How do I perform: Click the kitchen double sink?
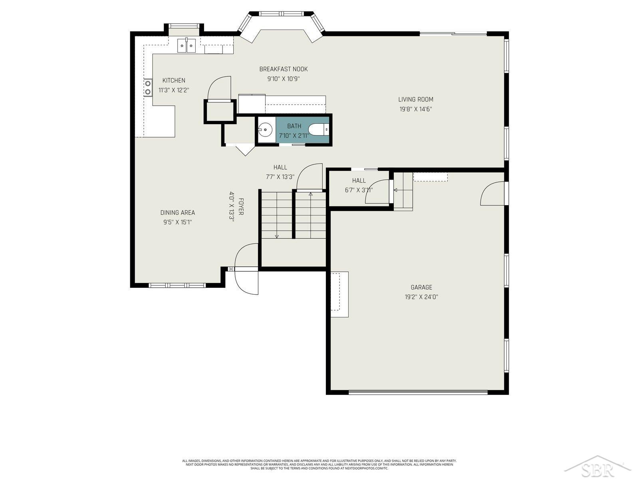click(187, 46)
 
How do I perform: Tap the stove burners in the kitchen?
click(148, 88)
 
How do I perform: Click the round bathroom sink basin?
click(265, 129)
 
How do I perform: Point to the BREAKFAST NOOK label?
click(283, 69)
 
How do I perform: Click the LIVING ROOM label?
click(415, 99)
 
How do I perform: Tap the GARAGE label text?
click(421, 287)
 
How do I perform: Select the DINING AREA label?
click(178, 213)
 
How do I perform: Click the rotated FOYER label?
click(241, 206)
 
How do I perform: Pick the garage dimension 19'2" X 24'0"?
click(421, 297)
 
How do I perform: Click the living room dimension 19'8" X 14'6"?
click(415, 109)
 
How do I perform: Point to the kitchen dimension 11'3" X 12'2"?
click(174, 90)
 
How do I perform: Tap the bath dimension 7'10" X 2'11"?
click(294, 136)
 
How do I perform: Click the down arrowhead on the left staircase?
click(276, 236)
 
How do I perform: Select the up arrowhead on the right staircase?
click(310, 194)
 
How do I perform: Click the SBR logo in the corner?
click(597, 467)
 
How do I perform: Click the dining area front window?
click(177, 285)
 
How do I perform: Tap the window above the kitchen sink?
click(184, 26)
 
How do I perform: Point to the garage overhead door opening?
click(418, 392)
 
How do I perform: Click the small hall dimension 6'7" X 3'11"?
click(359, 190)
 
